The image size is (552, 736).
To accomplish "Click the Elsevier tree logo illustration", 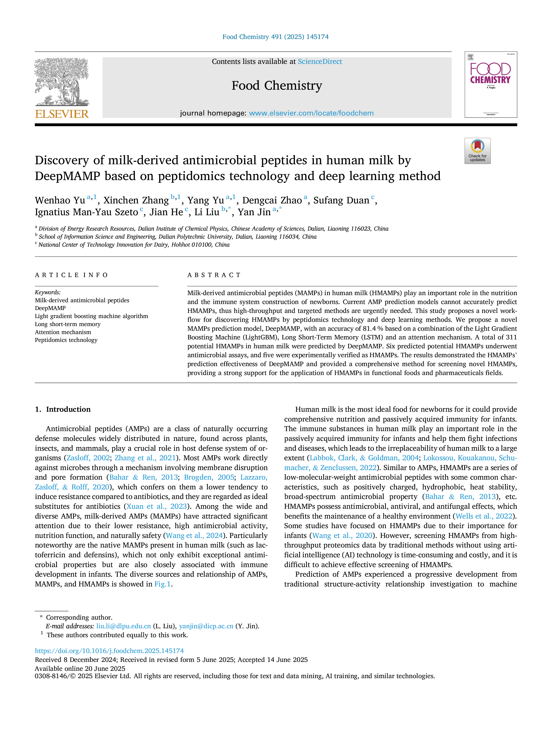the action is click(62, 82).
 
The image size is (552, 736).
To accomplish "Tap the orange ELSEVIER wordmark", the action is click(62, 114).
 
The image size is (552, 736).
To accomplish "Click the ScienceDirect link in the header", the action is click(320, 62).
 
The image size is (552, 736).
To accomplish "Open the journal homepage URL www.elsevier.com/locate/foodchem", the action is click(311, 113).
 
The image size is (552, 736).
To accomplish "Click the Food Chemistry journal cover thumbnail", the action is click(491, 85).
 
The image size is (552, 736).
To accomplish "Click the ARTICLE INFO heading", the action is click(71, 275).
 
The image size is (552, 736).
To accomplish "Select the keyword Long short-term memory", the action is click(67, 324).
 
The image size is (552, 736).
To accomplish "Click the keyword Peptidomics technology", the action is click(66, 340).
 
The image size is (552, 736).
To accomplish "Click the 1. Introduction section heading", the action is click(63, 409).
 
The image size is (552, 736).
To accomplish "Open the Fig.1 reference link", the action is click(162, 584).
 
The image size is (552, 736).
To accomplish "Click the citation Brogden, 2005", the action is click(209, 477).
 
